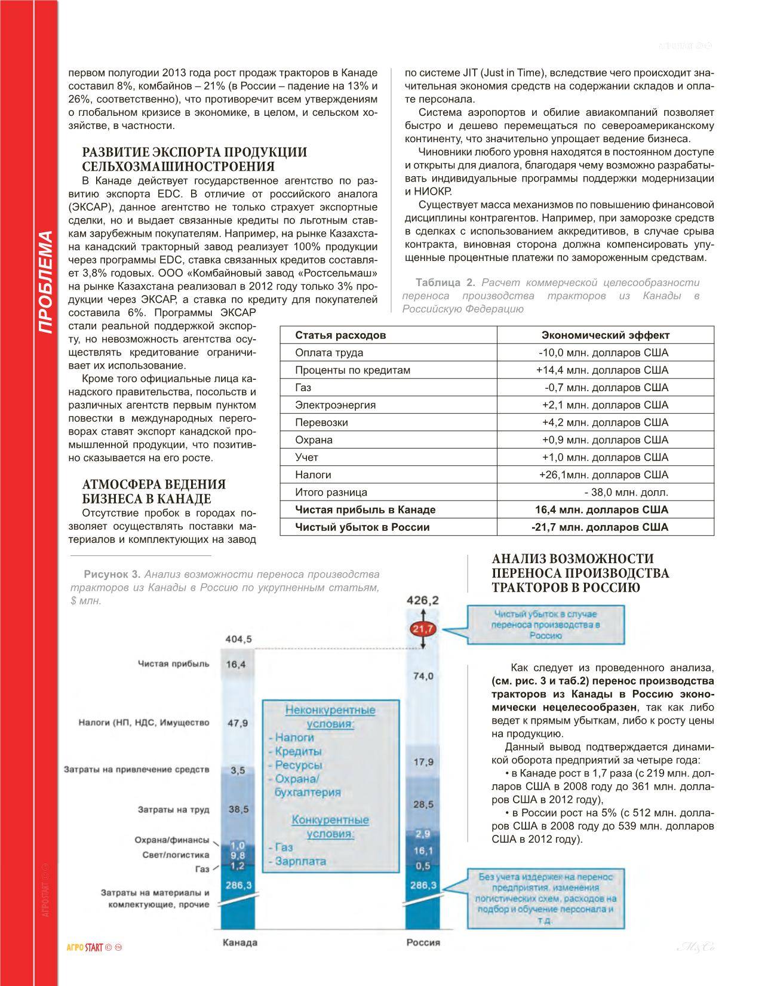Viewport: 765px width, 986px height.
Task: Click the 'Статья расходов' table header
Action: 340,335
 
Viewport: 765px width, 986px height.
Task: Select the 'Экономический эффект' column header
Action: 605,335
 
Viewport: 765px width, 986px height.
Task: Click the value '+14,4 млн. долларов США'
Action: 602,370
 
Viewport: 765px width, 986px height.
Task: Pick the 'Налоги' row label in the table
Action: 313,475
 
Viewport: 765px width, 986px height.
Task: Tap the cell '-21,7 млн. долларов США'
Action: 600,527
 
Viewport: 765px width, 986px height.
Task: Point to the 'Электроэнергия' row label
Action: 335,405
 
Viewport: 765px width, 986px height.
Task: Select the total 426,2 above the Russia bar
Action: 423,600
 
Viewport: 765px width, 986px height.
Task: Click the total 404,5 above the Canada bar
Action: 238,640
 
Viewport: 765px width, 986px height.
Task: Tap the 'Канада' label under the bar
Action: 239,942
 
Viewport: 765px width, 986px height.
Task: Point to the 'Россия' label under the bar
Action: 423,942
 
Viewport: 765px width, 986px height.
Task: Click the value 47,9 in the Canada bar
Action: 238,723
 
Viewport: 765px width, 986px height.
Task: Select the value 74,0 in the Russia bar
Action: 423,675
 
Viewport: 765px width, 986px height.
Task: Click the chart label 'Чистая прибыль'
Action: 173,664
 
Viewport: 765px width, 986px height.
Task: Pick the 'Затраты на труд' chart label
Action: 173,810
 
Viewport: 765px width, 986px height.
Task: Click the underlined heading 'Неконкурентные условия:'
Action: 330,717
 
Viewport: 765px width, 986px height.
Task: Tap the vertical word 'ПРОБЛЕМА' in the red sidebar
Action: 46,282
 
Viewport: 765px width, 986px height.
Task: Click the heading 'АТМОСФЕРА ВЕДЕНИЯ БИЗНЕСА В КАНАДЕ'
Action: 154,492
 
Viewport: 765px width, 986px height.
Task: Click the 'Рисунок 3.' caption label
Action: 112,575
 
